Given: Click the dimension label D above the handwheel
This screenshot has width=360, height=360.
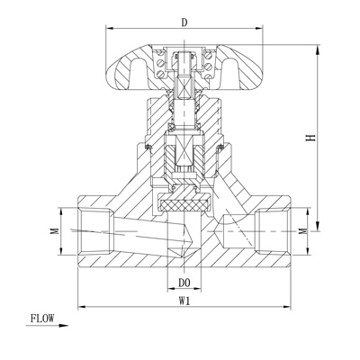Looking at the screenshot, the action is coord(184,22).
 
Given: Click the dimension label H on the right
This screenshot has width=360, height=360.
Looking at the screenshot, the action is coord(311,138).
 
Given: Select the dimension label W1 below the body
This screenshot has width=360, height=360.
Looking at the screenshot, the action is coord(184,301).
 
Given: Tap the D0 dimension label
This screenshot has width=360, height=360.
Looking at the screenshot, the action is coord(184,283).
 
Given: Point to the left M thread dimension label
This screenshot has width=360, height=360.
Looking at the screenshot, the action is coord(54,230).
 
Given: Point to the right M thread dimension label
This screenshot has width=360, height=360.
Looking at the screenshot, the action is coord(304,231).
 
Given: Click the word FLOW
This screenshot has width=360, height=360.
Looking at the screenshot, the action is coord(42,319).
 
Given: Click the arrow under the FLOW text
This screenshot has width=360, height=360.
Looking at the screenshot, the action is coord(47,326).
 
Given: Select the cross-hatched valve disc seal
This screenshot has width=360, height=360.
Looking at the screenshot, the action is coord(184,205).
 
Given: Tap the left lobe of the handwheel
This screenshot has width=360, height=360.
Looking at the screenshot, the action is coord(129,69).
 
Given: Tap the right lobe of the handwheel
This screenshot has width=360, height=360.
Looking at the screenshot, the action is coord(240,69).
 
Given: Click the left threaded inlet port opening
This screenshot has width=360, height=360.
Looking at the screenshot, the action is coord(95,231).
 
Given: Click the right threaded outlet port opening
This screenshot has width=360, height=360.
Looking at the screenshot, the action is coord(273,231).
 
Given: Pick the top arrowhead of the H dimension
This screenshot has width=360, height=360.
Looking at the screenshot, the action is coord(318,49).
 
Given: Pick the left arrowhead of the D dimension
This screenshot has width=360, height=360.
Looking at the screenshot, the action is coord(111,29).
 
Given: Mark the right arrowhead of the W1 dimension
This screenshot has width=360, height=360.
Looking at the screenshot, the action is coord(286,307).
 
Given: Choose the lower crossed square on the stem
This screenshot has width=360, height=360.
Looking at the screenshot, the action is coord(184,150).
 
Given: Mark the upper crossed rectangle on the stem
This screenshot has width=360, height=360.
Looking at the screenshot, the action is coord(184,88).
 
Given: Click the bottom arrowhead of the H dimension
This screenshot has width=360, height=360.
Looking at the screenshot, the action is coord(318,226).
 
